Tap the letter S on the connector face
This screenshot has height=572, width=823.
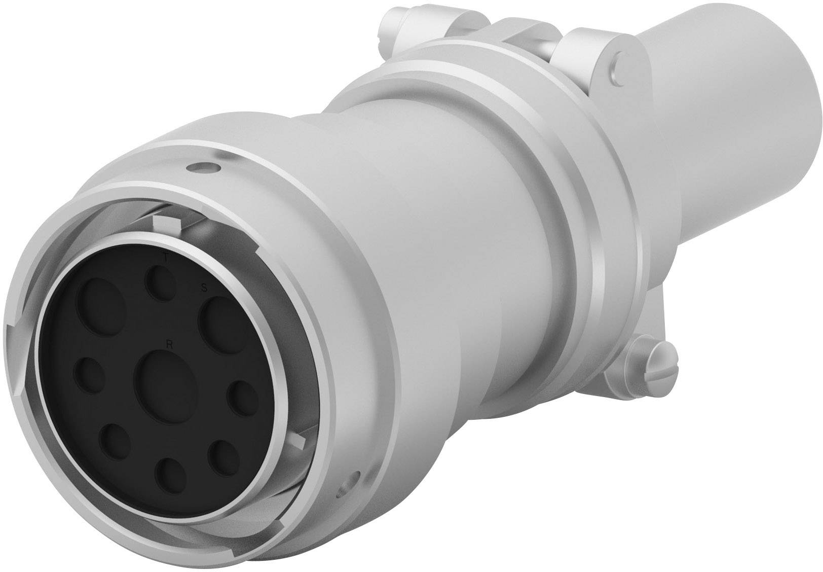pos(204,289)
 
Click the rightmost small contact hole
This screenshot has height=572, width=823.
pos(241,399)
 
